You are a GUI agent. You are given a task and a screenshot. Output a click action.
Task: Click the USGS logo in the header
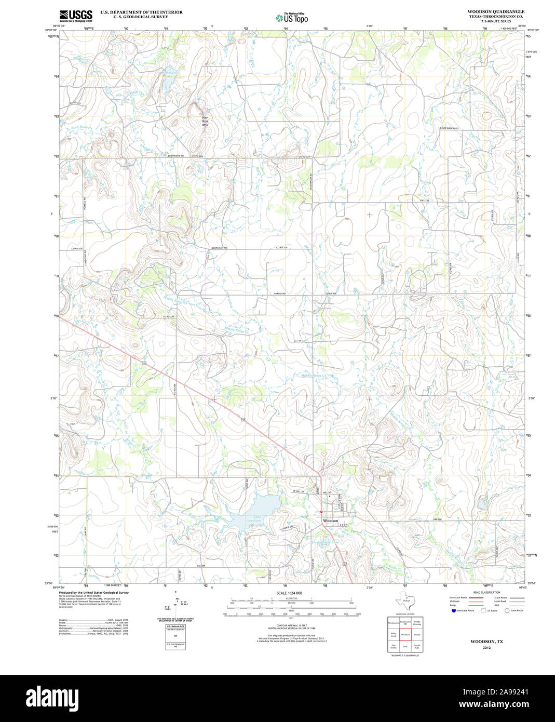(75, 16)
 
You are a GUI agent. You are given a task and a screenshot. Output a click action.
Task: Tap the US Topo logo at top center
(292, 18)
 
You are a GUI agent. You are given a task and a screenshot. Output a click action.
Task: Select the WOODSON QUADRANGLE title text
(495, 11)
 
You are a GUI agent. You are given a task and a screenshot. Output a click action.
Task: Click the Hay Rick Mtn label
(205, 121)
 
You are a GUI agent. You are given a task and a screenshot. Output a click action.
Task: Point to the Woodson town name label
(331, 520)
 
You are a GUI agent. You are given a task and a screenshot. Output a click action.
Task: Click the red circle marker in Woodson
(321, 512)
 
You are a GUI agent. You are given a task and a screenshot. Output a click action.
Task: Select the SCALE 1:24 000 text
(289, 593)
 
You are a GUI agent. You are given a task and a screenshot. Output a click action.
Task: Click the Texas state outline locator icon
(403, 603)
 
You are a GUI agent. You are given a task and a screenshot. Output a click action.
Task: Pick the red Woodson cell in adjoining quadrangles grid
(405, 634)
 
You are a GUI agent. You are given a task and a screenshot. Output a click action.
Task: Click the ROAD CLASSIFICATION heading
(486, 593)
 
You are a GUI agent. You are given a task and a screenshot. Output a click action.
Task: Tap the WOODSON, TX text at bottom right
(486, 641)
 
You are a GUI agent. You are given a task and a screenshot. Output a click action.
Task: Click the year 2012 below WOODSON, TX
(486, 648)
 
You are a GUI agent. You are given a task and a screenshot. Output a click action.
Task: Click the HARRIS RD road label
(279, 294)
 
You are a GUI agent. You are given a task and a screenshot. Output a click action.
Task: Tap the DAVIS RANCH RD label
(449, 128)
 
